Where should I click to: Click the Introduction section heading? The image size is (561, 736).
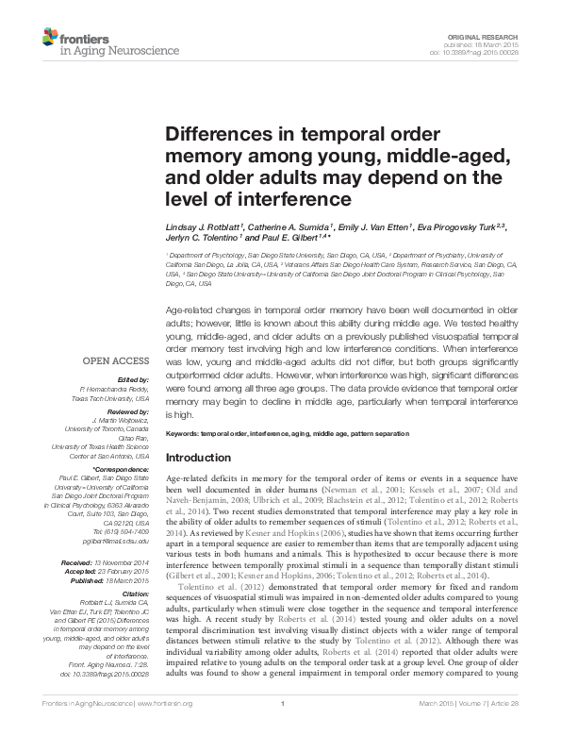pyautogui.click(x=205, y=458)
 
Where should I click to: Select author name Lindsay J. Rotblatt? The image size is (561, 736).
pyautogui.click(x=203, y=228)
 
